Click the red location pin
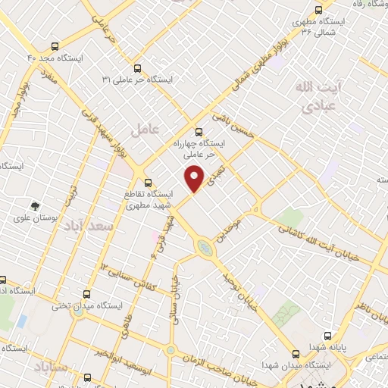pos(196,178)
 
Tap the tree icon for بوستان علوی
pos(35,205)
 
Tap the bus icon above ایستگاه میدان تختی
pos(85,294)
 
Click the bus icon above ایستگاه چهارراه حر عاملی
pos(199,130)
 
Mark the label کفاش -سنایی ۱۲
pos(125,276)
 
